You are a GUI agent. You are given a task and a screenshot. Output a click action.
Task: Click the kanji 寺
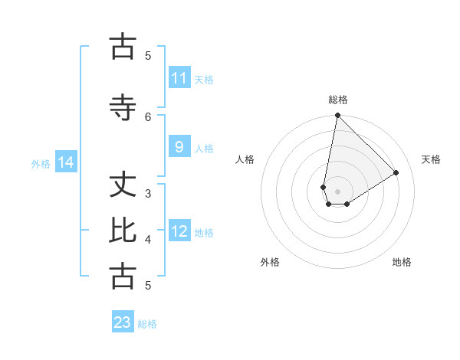tap(123, 107)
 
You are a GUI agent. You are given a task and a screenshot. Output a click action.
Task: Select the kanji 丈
tap(123, 185)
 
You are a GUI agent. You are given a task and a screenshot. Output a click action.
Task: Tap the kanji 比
tap(123, 230)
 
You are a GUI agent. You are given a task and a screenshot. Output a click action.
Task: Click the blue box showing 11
tap(179, 78)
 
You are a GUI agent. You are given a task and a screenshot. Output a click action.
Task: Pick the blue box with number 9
tap(179, 147)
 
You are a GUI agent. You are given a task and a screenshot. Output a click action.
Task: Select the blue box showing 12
tap(179, 231)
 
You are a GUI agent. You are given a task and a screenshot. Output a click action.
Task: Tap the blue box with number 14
tap(66, 162)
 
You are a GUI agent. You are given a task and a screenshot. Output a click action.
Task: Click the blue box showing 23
tap(123, 322)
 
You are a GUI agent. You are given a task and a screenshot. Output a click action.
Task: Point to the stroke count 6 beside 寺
tap(149, 116)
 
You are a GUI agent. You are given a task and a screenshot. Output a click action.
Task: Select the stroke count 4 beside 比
tap(148, 240)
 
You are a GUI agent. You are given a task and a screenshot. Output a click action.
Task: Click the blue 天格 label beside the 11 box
tap(204, 79)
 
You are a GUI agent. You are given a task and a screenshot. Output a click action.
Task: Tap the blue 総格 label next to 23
tap(147, 324)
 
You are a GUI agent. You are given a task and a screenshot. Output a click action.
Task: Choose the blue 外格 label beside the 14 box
tap(41, 163)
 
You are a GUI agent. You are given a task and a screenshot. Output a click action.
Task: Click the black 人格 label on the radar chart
tap(245, 159)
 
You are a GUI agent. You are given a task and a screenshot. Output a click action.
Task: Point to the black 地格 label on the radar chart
tap(402, 262)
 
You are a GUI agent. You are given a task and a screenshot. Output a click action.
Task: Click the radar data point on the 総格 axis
tap(337, 116)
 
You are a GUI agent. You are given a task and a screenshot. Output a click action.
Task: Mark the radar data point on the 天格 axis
tap(396, 173)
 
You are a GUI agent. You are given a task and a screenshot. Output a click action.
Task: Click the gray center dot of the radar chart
tap(337, 191)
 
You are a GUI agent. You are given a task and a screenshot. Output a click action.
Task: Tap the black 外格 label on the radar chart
tap(270, 262)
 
